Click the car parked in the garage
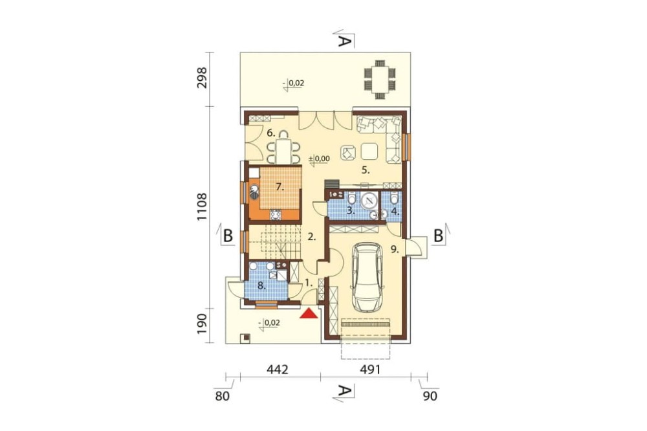[367, 277]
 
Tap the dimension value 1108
[202, 206]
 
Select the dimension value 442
[277, 370]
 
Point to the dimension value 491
[369, 370]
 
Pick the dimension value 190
[202, 324]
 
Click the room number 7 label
[280, 188]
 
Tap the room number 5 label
[366, 170]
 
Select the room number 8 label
[261, 285]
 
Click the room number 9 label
[395, 249]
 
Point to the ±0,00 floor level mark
[320, 159]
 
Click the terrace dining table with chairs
[380, 80]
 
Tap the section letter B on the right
[439, 236]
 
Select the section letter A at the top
[345, 40]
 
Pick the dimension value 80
[222, 396]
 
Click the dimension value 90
[430, 396]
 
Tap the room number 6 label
[270, 133]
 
